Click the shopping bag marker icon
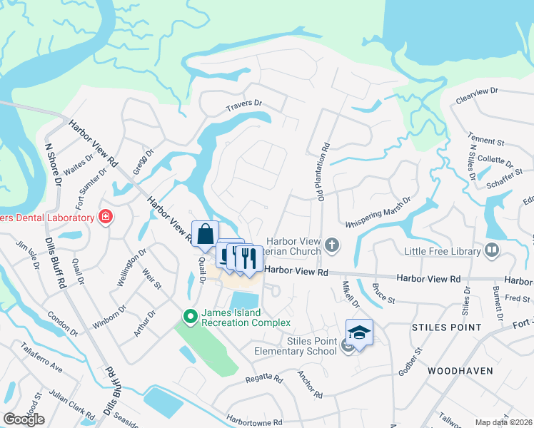205,235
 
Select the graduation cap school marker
359,332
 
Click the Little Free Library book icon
491,250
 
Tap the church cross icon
331,246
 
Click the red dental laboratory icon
106,217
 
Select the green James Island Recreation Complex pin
190,315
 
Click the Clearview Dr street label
476,93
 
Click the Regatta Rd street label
264,379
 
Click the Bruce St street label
383,295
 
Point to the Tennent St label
485,138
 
